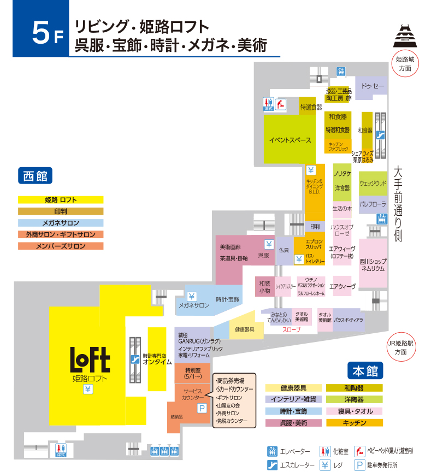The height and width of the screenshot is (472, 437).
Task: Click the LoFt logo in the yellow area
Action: pos(91,360)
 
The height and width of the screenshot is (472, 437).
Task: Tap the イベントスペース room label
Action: pos(290,140)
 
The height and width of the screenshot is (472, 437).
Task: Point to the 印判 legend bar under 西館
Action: pos(61,211)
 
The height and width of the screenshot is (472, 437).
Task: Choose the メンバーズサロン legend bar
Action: pos(61,246)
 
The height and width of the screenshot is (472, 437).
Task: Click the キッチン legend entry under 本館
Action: pos(355,423)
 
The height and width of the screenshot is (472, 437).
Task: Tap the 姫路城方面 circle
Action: pos(405,64)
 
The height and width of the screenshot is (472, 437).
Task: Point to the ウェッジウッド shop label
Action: pos(373,184)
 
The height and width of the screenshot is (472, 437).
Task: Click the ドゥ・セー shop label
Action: pos(373,86)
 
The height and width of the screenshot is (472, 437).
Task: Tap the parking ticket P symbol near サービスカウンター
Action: pos(202,408)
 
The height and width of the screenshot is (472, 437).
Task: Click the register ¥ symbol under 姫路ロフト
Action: pos(87,389)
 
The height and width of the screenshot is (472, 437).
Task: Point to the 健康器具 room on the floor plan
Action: pos(244,329)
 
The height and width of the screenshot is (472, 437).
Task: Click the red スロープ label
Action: pos(291,331)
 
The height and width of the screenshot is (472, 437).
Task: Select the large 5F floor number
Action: pos(41,34)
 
